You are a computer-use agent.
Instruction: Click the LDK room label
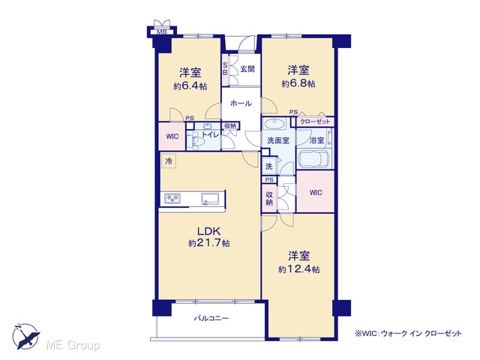pos(209,231)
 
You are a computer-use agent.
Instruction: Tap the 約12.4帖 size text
pos(299,269)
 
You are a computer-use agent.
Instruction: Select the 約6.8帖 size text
pos(298,83)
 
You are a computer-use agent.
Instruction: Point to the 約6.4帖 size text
pos(190,86)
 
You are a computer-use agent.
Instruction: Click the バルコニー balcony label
pos(211,318)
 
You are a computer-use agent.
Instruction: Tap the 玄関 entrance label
pos(247,69)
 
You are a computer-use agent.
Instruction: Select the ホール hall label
pos(241,103)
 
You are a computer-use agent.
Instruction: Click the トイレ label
pos(210,134)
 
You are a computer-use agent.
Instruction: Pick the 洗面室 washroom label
pos(278,140)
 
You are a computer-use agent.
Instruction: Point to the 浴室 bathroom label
pos(316,140)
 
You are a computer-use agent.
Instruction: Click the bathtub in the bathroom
pos(315,159)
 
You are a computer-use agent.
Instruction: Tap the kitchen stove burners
pos(172,199)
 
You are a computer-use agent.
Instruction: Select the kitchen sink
pos(210,199)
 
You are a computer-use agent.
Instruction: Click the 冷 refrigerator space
pos(169,161)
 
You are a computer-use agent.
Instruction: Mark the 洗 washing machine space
pos(268,166)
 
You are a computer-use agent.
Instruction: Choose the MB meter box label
pos(162,32)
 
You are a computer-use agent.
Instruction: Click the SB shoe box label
pos(225,69)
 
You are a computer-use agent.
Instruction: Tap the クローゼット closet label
pos(315,121)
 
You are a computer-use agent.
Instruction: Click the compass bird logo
pos(26,337)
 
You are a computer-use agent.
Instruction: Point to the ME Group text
pos(73,346)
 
